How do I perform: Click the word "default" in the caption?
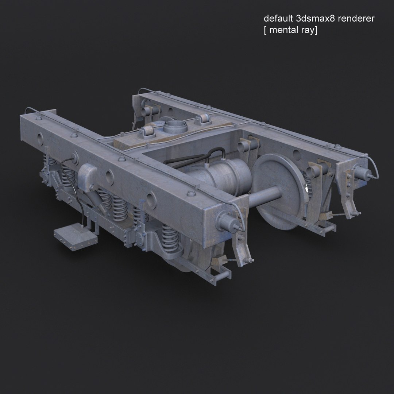276,19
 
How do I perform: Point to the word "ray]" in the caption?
310,31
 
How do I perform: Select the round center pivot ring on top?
174,128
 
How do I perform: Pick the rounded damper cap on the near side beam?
88,173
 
